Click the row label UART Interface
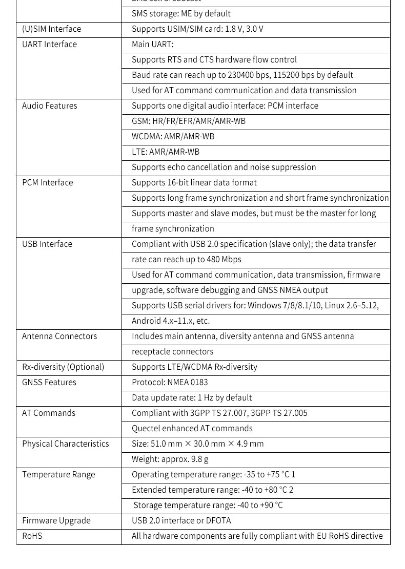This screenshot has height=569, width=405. click(49, 45)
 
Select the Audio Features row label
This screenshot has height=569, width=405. click(49, 106)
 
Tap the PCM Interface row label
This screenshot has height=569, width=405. click(47, 183)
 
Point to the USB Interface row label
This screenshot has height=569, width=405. click(47, 244)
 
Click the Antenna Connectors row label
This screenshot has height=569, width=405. click(59, 336)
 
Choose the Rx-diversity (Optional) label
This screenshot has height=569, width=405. click(63, 367)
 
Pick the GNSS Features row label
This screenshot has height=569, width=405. click(49, 383)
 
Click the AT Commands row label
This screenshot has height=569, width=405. click(49, 413)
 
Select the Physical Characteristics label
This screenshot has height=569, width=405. click(66, 444)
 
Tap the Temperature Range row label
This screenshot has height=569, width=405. click(58, 475)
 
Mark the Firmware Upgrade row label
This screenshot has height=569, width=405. click(56, 521)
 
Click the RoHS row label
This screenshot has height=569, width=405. click(32, 536)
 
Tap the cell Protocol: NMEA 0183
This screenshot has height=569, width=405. click(170, 383)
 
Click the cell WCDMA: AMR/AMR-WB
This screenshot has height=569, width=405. click(173, 137)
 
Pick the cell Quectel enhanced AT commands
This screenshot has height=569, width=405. click(192, 429)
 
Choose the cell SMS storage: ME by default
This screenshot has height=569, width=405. click(181, 14)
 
